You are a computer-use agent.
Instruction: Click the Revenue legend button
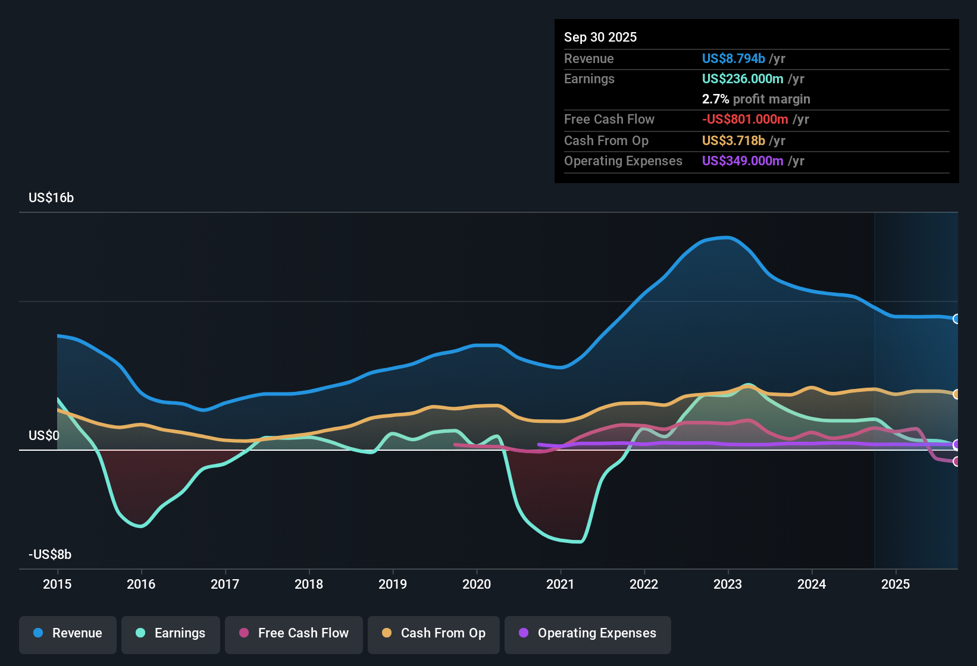pyautogui.click(x=68, y=633)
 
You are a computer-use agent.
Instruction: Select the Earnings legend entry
pyautogui.click(x=171, y=633)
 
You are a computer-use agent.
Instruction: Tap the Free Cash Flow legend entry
pyautogui.click(x=294, y=633)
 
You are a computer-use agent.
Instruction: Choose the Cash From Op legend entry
pyautogui.click(x=434, y=633)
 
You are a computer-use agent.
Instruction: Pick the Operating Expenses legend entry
pyautogui.click(x=588, y=633)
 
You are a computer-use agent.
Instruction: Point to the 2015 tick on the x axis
pyautogui.click(x=57, y=584)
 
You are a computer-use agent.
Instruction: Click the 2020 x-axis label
pyautogui.click(x=477, y=584)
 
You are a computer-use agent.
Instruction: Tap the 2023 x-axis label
pyautogui.click(x=728, y=584)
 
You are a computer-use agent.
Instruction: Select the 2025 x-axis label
pyautogui.click(x=895, y=584)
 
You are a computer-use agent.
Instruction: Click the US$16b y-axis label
pyautogui.click(x=51, y=198)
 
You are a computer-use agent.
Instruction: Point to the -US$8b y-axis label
pyautogui.click(x=50, y=555)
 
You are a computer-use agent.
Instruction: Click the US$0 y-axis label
pyautogui.click(x=44, y=436)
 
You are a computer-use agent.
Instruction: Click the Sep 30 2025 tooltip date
pyautogui.click(x=600, y=37)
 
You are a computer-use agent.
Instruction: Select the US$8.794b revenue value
pyautogui.click(x=733, y=58)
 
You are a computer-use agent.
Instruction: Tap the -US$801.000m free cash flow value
pyautogui.click(x=745, y=119)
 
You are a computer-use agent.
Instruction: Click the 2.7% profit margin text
pyautogui.click(x=756, y=99)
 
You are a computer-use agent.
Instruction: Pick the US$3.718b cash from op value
pyautogui.click(x=733, y=140)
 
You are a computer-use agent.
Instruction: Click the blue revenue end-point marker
pyautogui.click(x=956, y=319)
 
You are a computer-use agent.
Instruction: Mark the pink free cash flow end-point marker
pyautogui.click(x=956, y=461)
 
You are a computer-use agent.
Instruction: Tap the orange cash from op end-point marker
pyautogui.click(x=956, y=394)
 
